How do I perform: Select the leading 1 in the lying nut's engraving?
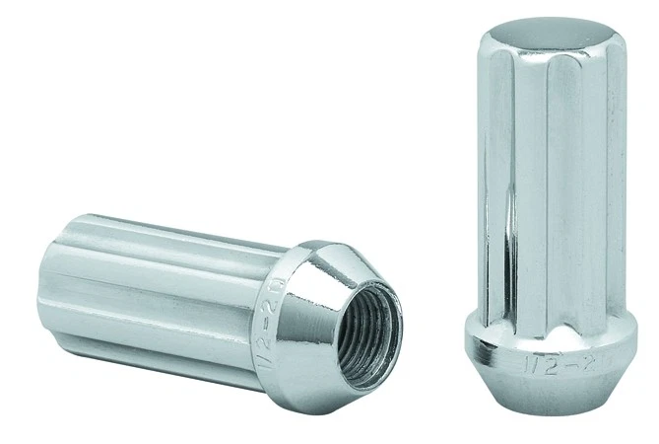coord(290,337)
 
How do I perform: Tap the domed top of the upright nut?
coord(552,39)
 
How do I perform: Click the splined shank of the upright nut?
coord(552,187)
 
